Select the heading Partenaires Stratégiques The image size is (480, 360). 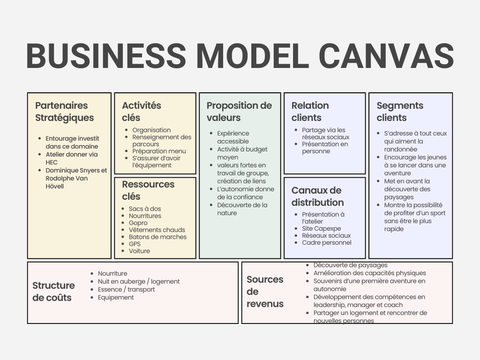[64, 112]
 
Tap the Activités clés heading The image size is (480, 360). [141, 112]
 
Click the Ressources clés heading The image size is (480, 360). [148, 190]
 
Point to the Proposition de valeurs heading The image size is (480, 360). [239, 112]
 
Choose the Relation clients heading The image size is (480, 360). [310, 112]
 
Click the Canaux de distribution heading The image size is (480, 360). [317, 196]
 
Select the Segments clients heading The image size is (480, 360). [399, 112]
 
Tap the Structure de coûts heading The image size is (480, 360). [53, 291]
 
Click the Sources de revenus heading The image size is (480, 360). [265, 292]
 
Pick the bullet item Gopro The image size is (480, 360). [138, 223]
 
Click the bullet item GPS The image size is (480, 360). [135, 244]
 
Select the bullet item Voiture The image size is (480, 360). [139, 251]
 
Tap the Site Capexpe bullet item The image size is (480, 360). [321, 228]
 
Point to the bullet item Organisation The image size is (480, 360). [151, 130]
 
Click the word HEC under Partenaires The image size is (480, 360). [52, 162]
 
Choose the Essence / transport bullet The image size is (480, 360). [126, 289]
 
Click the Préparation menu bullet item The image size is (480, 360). [159, 151]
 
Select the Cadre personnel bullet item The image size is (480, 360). [326, 242]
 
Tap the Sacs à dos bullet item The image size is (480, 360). [144, 209]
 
